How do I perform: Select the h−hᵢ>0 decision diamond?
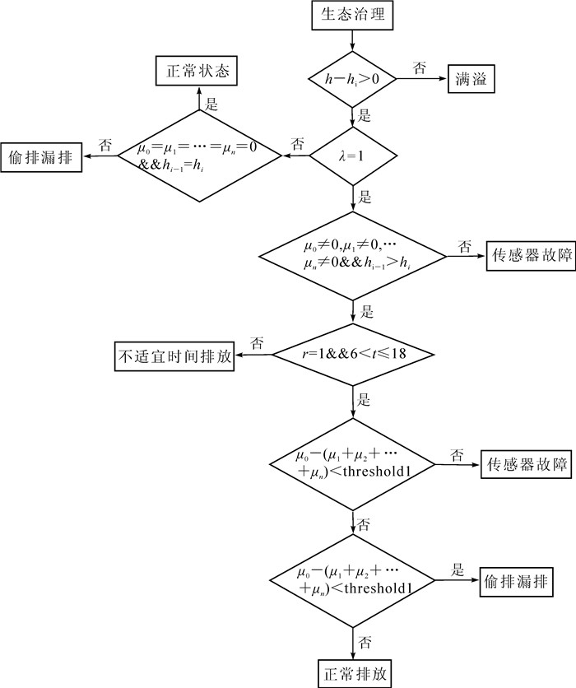click(352, 80)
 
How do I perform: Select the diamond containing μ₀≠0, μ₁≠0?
click(353, 257)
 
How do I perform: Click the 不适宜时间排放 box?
click(173, 356)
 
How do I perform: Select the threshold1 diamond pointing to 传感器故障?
click(353, 463)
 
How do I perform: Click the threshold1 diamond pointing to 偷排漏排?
click(353, 581)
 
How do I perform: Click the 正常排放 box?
click(354, 672)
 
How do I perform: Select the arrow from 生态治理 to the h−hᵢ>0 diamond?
click(353, 41)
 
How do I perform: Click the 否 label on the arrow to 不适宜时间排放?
click(257, 342)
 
